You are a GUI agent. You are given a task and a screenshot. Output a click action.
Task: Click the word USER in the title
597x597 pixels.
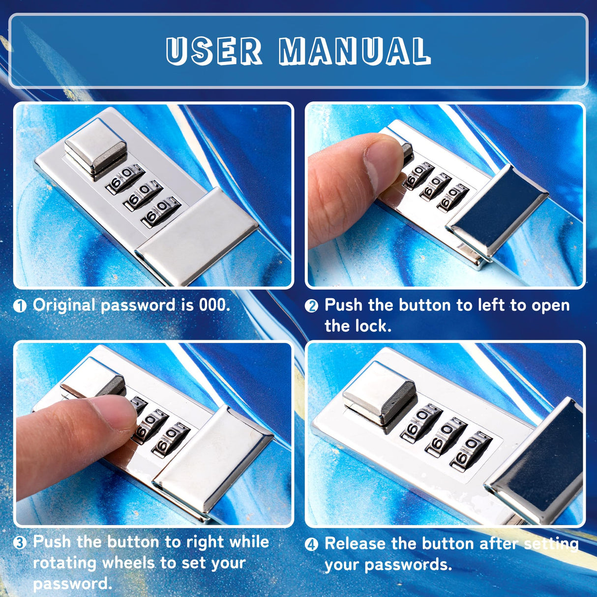pyautogui.click(x=214, y=51)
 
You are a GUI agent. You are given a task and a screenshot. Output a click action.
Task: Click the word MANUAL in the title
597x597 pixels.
pyautogui.click(x=355, y=51)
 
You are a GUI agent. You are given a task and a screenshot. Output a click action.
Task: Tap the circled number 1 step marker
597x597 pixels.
pyautogui.click(x=20, y=306)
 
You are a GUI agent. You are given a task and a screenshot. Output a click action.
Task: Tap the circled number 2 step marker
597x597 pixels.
pyautogui.click(x=311, y=306)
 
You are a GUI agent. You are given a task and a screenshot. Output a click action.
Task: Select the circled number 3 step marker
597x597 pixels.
pyautogui.click(x=20, y=543)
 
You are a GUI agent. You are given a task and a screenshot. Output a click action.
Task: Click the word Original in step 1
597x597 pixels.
pyautogui.click(x=65, y=306)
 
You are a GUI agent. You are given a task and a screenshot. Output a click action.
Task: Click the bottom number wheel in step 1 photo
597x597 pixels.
pyautogui.click(x=161, y=212)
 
